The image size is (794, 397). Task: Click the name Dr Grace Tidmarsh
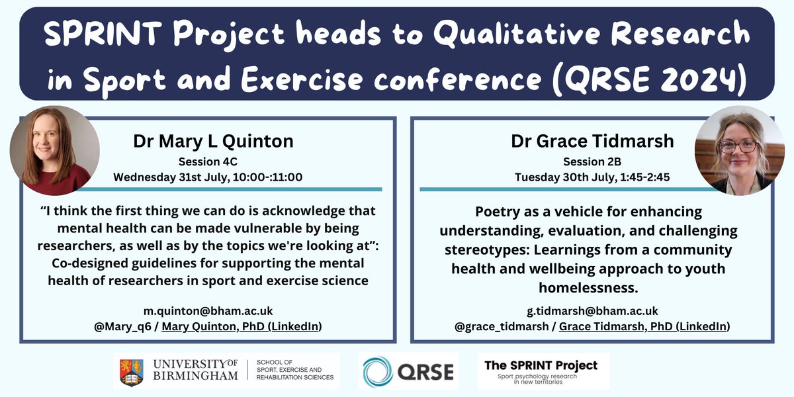tap(592, 142)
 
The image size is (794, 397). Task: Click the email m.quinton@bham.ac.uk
tap(208, 311)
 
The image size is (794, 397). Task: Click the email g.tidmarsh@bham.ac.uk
tap(592, 311)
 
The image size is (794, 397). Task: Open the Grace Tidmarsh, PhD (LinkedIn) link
tap(644, 326)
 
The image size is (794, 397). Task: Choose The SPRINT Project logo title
tap(541, 365)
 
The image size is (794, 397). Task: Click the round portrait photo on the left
tap(54, 150)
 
